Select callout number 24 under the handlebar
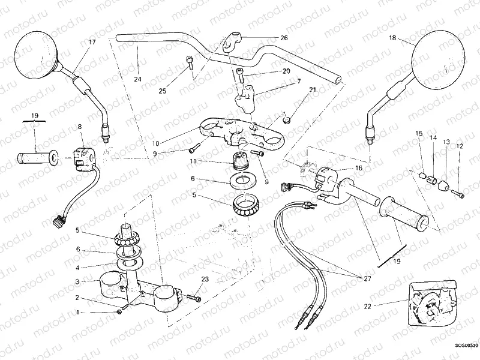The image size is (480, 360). pos(137,79)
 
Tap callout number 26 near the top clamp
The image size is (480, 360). pos(284,38)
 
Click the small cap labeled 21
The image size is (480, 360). pos(287,118)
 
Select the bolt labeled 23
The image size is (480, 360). pos(194,298)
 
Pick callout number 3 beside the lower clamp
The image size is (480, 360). pos(77,281)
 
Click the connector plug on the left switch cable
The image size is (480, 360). pos(59,221)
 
